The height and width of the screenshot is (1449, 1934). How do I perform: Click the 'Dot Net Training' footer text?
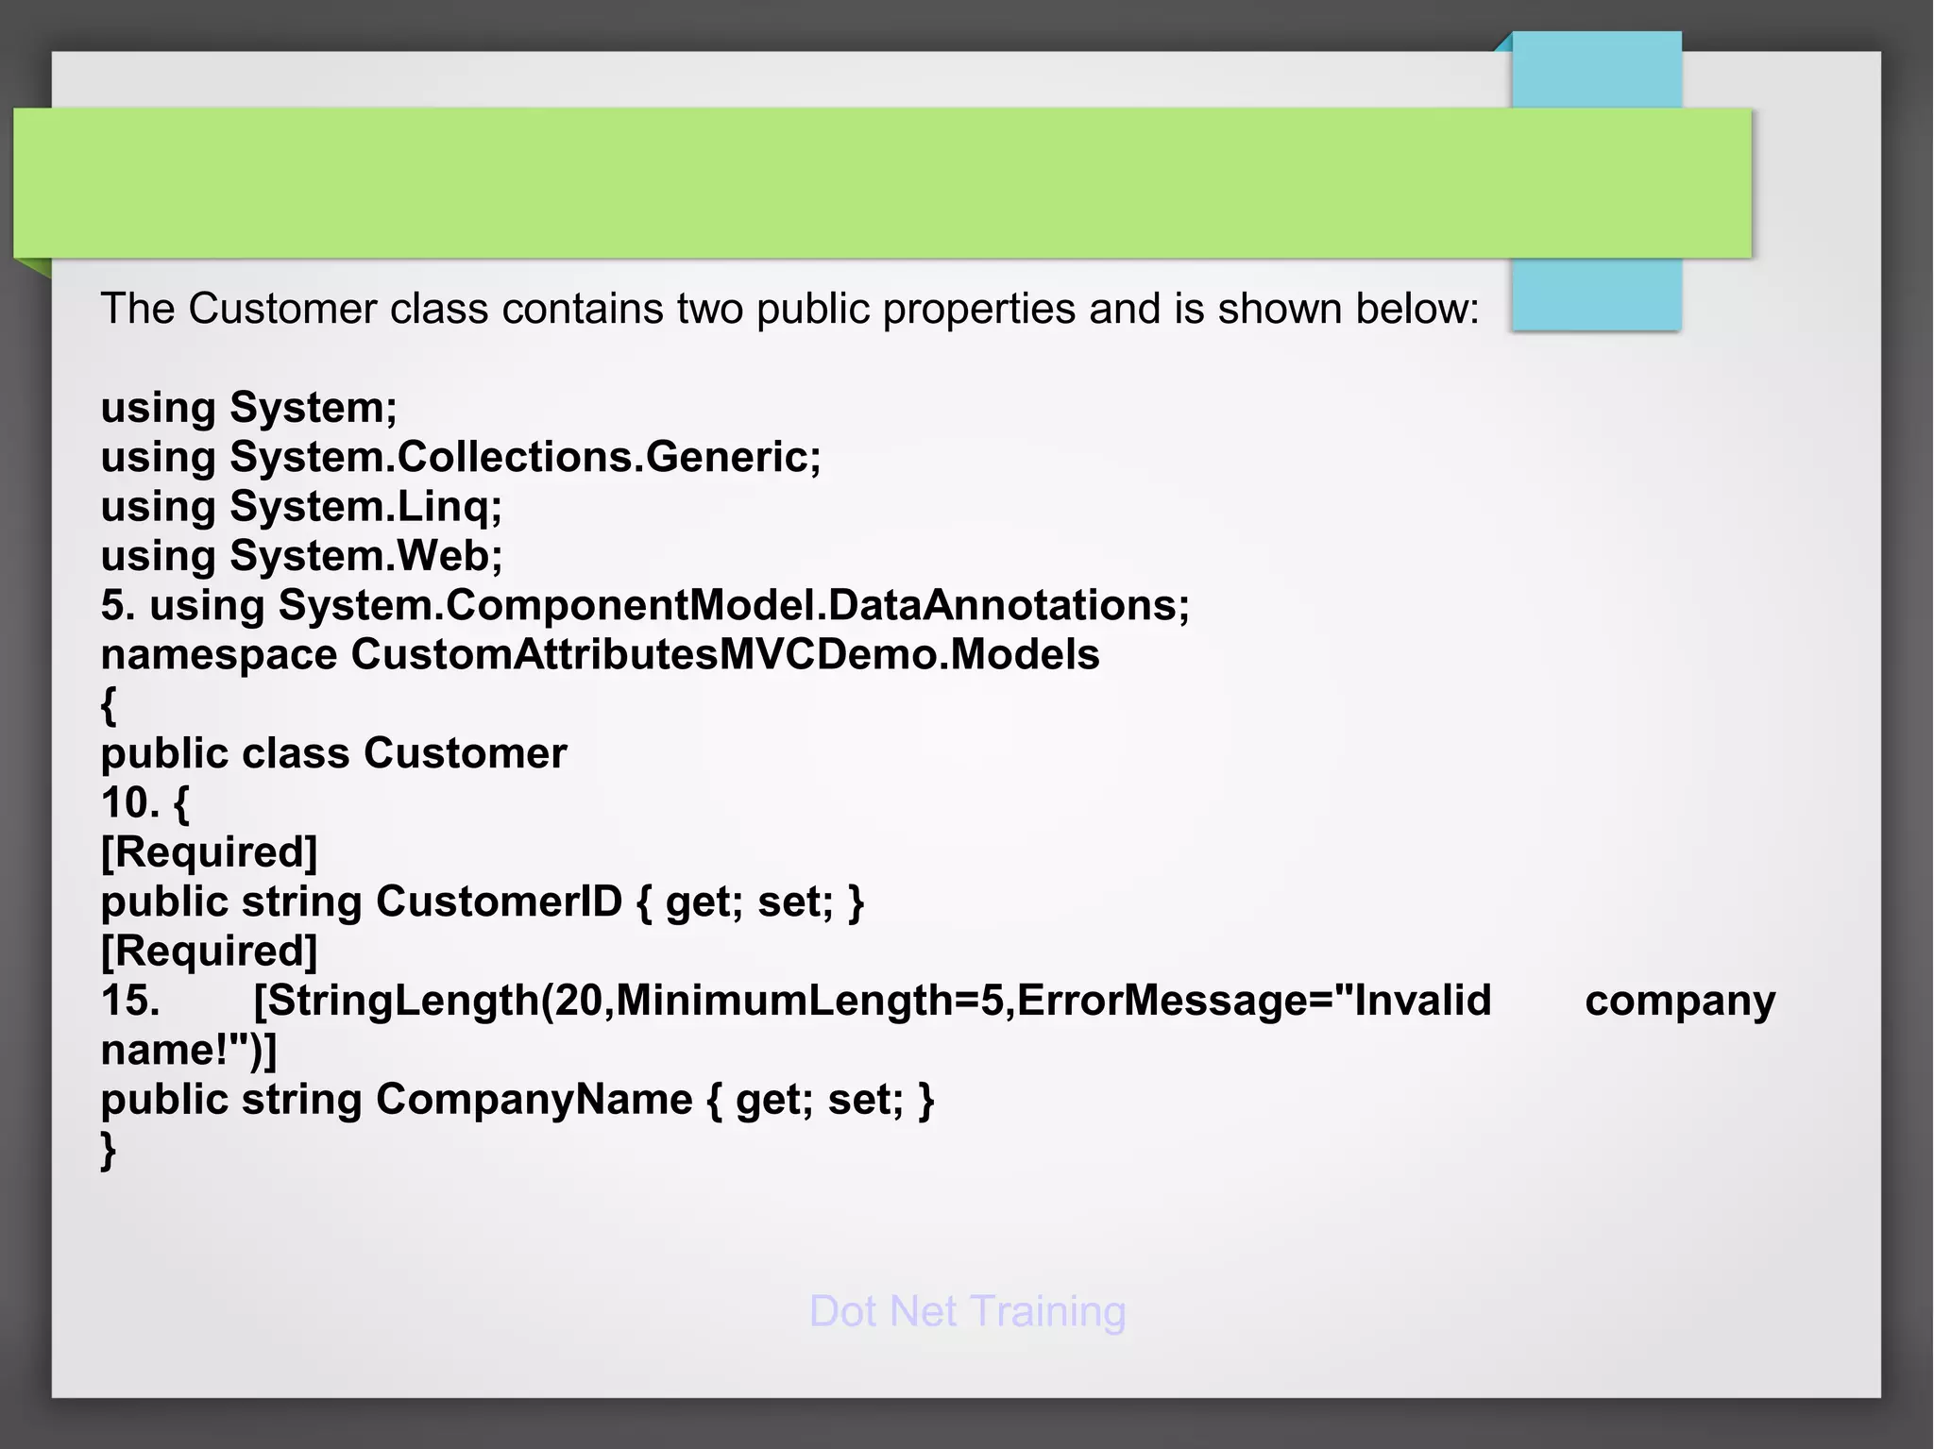(967, 1311)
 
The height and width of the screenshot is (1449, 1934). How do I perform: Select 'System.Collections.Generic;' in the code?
(525, 457)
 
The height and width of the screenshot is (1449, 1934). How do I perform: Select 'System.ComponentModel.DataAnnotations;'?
(734, 605)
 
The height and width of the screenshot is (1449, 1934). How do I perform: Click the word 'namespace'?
(219, 655)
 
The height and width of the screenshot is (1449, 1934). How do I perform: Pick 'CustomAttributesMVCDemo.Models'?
(725, 655)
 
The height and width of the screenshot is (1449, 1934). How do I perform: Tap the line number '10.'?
(130, 803)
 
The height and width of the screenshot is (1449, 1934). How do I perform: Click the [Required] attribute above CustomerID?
(209, 852)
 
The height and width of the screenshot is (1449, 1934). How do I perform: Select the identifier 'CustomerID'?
(499, 901)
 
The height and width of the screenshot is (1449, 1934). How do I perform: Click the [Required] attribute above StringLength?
(209, 951)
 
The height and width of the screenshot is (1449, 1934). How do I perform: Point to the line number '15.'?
(130, 1001)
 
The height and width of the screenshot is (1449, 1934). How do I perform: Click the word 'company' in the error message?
(1679, 1001)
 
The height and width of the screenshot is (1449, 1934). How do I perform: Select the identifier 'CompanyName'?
(534, 1100)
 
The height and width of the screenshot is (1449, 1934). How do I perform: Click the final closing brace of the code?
(109, 1151)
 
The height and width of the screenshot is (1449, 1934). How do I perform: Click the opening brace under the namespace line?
(109, 705)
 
